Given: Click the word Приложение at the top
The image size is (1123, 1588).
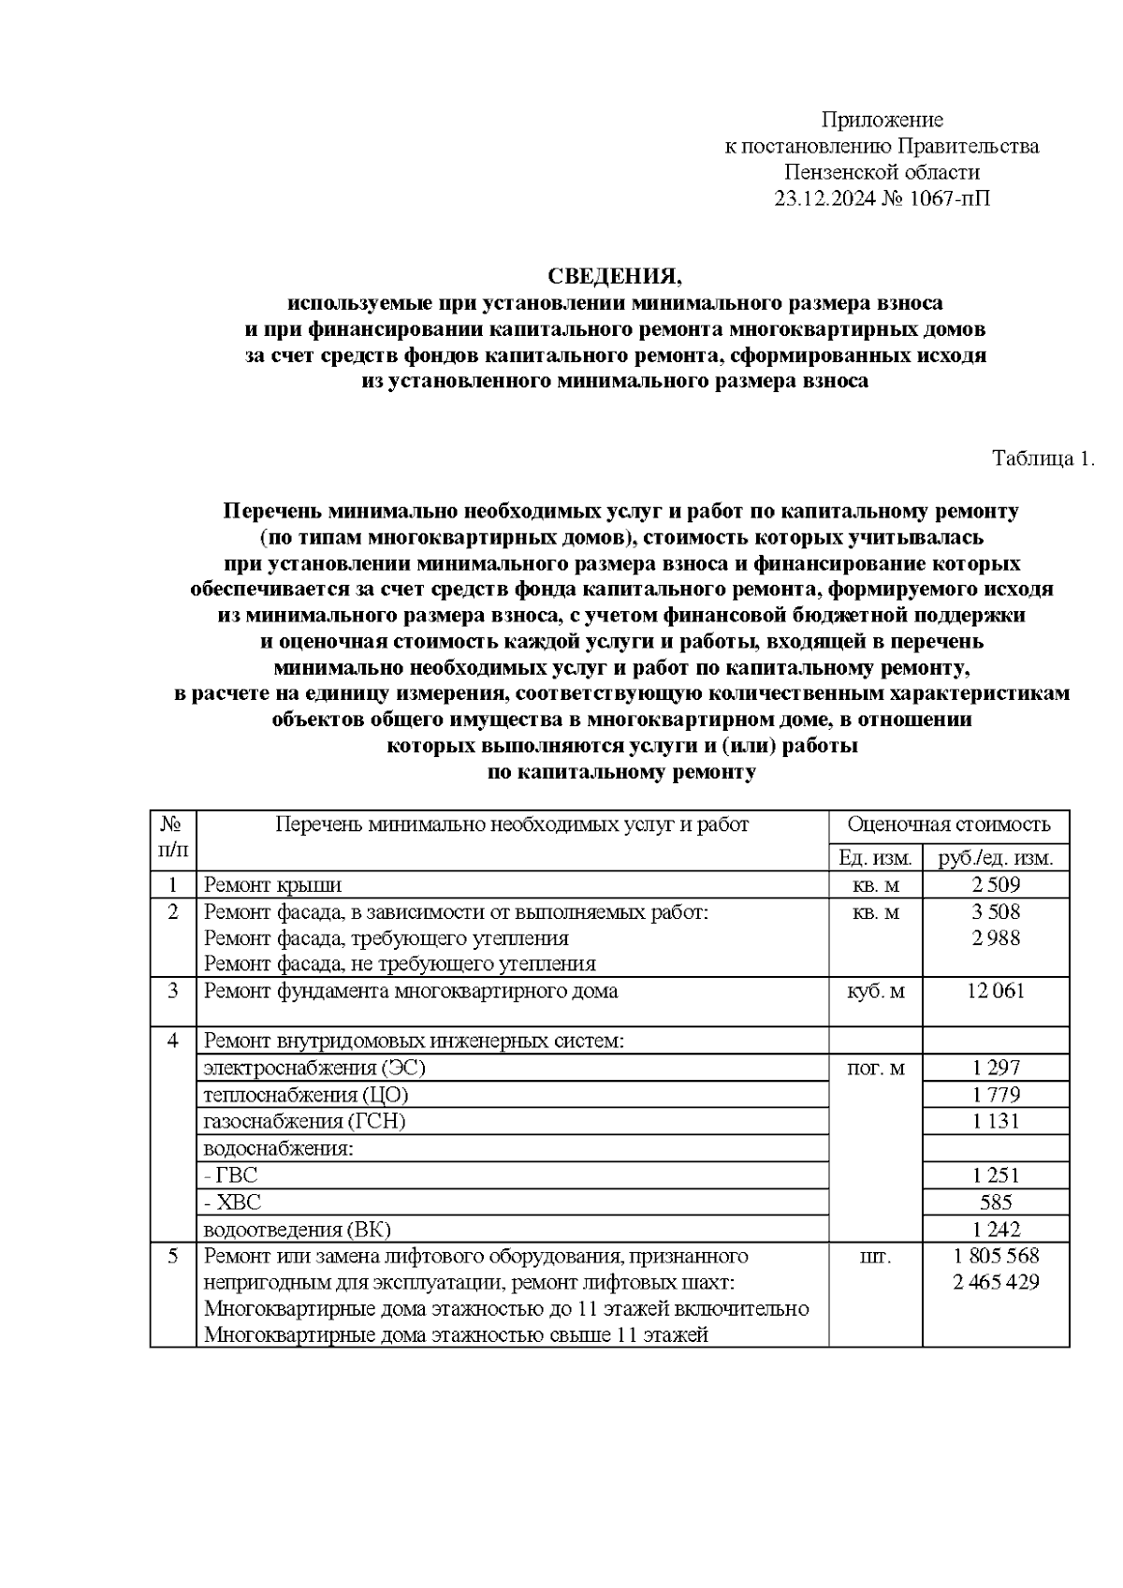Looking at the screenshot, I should click(882, 120).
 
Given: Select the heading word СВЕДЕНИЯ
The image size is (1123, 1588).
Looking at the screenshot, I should click(615, 276).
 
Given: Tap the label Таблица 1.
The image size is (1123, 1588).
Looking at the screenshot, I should click(1043, 459).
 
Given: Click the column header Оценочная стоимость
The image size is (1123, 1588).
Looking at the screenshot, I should click(948, 824).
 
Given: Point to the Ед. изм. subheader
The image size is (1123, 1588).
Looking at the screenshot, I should click(874, 857).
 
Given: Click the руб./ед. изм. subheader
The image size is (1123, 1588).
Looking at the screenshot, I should click(996, 857).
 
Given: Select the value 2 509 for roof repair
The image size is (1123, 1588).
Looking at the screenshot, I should click(996, 884).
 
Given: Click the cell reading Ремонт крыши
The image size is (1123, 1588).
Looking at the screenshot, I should click(272, 884).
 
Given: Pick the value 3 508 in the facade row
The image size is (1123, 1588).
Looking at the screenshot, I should click(996, 911).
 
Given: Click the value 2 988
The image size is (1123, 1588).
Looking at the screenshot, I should click(996, 938).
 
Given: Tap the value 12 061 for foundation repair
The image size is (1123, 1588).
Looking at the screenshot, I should click(996, 990).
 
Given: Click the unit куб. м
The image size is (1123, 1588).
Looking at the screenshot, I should click(874, 991).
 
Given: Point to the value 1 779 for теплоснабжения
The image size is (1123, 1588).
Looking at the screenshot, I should click(996, 1094).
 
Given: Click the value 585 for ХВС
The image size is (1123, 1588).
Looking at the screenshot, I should click(996, 1202).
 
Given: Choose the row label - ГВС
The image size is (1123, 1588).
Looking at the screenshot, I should click(230, 1175).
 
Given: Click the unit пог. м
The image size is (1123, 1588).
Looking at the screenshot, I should click(874, 1068).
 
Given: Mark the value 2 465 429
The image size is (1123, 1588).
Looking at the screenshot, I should click(996, 1282).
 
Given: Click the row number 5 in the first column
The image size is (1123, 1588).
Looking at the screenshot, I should click(173, 1256).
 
